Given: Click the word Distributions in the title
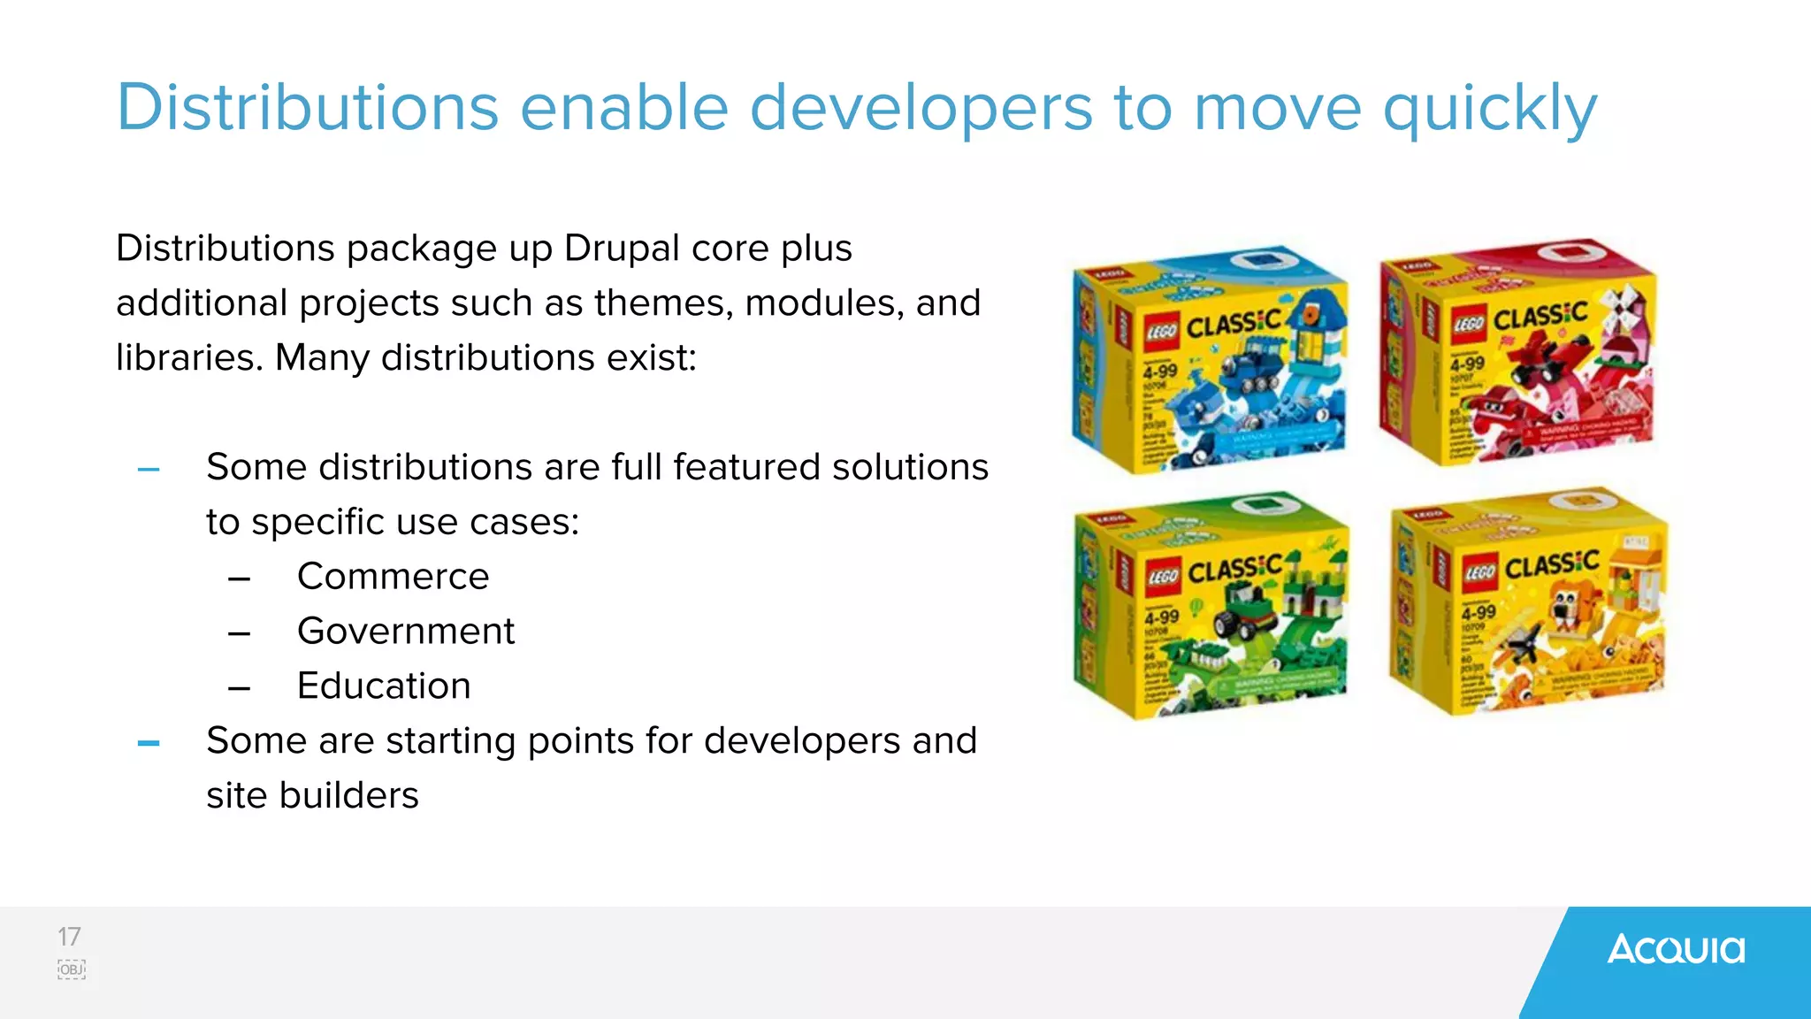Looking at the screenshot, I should coord(308,108).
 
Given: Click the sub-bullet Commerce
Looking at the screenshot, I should coord(393,577).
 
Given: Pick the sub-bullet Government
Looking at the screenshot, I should coord(405,632).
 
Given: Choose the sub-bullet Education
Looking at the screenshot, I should coord(384,686).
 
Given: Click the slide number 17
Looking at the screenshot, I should coord(69,937).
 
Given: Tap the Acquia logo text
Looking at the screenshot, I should coord(1676,950).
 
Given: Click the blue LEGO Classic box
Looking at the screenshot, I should coord(1210,358).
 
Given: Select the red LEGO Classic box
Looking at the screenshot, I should coord(1517,351).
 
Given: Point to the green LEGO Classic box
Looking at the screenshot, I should coord(1210,606).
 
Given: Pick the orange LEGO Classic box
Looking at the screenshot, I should coord(1528,601).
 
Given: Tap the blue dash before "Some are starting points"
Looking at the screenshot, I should coord(149,744).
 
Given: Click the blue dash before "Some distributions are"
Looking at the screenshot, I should coord(149,470).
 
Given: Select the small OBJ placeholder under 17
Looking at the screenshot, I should coord(72,969).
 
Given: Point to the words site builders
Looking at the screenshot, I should coord(312,795).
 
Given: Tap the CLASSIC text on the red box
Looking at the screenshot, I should coord(1540,316).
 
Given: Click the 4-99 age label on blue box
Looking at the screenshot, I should coord(1159,372).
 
